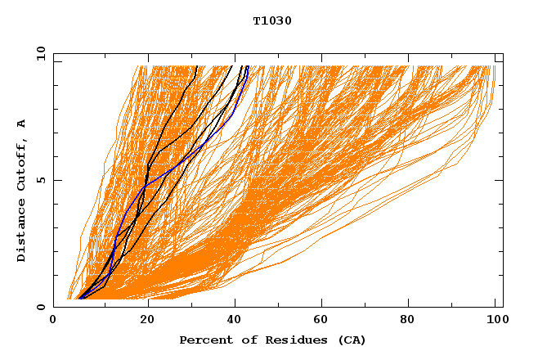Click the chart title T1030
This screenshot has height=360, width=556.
point(272,21)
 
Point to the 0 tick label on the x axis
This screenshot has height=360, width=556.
point(53,320)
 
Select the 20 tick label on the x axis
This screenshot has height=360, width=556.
point(143,320)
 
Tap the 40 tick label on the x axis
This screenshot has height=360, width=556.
point(233,320)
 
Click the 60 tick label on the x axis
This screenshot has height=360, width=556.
point(323,320)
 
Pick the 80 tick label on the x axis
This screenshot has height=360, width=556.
point(413,320)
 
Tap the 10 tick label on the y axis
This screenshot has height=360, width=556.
point(38,53)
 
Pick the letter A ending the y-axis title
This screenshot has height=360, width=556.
point(21,124)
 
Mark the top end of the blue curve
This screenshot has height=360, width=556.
point(247,66)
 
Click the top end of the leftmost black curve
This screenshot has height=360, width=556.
point(197,66)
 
